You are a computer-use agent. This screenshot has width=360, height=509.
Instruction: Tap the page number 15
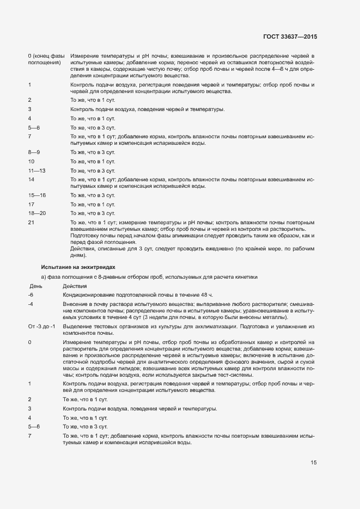pos(314,463)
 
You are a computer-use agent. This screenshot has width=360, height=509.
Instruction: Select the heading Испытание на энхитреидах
pos(78,267)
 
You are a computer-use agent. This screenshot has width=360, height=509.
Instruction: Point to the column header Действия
pos(75,286)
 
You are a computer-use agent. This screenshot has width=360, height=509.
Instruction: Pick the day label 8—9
pos(34,152)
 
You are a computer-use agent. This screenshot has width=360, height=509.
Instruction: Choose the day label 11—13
pos(36,170)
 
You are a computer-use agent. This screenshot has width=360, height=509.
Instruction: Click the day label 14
pos(31,179)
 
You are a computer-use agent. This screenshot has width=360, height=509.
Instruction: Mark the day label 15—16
pos(36,195)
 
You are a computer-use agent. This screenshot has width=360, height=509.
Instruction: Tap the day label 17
pos(31,204)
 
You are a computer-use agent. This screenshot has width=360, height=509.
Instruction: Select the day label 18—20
pos(36,213)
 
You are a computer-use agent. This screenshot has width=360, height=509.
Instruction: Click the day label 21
pos(31,222)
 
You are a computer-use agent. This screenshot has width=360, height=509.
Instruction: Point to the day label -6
pos(30,295)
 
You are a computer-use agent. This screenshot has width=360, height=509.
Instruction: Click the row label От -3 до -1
pos(41,326)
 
